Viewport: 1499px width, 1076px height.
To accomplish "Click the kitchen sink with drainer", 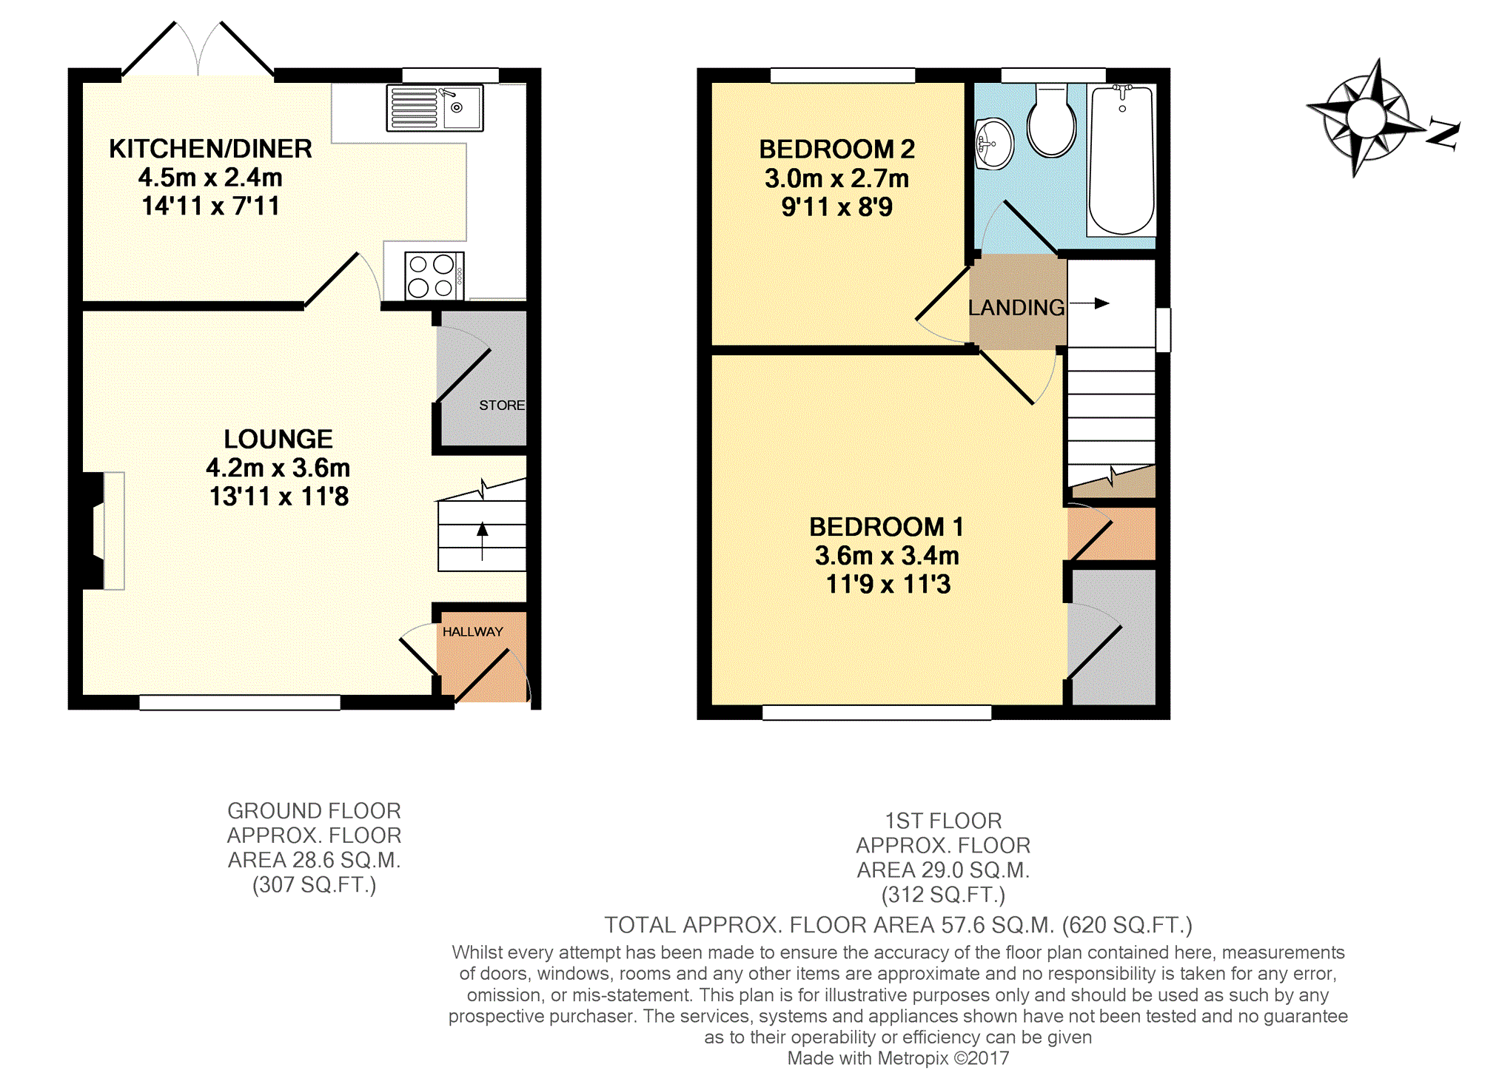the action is click(x=435, y=108).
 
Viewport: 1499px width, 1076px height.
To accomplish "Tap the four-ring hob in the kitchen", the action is click(x=435, y=276).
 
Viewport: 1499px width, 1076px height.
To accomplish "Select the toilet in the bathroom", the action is click(x=1052, y=121).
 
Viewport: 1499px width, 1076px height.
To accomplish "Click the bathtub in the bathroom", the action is click(x=1122, y=160).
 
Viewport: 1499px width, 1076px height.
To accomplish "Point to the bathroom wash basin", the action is click(x=994, y=144).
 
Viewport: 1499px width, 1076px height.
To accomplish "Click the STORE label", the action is click(x=502, y=406).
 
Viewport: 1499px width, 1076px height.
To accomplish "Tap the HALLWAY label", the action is click(x=473, y=632).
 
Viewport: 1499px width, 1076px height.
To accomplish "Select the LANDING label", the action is click(x=1016, y=308).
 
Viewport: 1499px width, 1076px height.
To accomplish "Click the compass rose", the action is click(x=1366, y=118).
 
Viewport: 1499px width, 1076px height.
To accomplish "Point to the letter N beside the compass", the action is click(x=1443, y=133).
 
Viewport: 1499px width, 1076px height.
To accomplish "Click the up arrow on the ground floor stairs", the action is click(x=483, y=541).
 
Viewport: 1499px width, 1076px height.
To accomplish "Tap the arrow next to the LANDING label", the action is click(x=1090, y=303).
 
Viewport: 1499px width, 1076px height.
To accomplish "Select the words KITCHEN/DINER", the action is click(x=211, y=149).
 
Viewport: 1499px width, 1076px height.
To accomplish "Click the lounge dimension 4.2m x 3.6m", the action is click(x=278, y=468).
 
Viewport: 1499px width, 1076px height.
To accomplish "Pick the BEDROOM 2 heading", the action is click(x=837, y=149).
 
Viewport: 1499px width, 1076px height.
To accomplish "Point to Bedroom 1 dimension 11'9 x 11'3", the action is click(x=888, y=585).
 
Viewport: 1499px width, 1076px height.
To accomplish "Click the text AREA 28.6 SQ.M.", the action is click(x=315, y=861).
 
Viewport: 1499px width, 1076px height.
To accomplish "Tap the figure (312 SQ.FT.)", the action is click(x=943, y=895).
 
